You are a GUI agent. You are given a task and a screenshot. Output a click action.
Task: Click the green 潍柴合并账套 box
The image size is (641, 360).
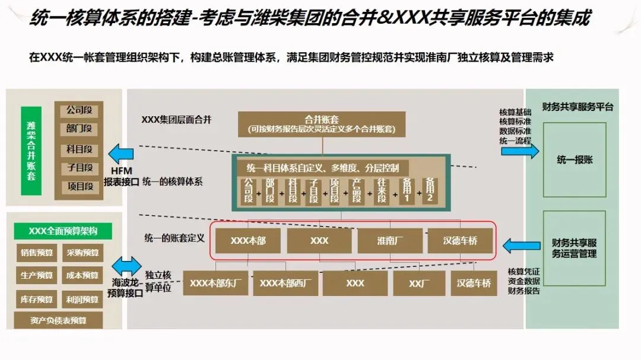coord(31,151)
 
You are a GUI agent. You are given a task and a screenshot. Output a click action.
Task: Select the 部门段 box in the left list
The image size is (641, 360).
coord(80,129)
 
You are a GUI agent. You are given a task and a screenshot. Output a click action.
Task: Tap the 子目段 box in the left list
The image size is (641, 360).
coord(80,168)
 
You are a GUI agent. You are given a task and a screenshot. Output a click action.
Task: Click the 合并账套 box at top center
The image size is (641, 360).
coord(322,124)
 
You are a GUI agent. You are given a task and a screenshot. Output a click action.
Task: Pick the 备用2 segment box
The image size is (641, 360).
coord(430,190)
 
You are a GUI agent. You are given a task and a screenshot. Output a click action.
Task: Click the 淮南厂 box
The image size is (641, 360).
coord(389,241)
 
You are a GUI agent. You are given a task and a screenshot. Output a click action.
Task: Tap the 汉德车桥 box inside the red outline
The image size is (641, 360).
coord(460,241)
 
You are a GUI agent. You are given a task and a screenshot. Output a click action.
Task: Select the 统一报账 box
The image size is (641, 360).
coord(574,160)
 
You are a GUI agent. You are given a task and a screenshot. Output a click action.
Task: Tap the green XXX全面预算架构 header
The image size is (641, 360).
coord(62,231)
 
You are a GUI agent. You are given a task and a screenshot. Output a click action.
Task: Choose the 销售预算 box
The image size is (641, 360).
coord(37,253)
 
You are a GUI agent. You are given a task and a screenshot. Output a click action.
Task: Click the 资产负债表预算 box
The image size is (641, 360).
coord(58,321)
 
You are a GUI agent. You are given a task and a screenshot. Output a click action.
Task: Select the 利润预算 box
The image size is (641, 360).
coord(83,300)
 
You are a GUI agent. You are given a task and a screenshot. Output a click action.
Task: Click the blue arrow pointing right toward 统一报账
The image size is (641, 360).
coord(519,151)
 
